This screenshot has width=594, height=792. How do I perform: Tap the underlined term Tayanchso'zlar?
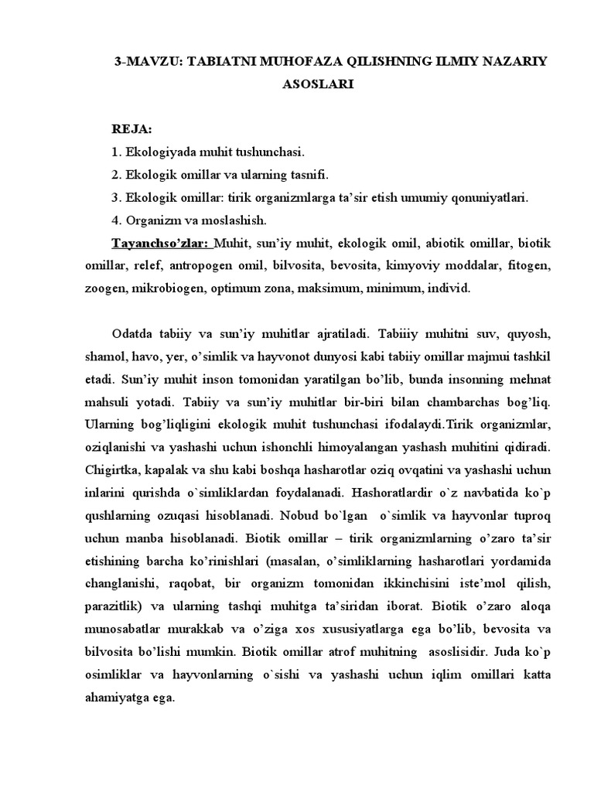161,243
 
